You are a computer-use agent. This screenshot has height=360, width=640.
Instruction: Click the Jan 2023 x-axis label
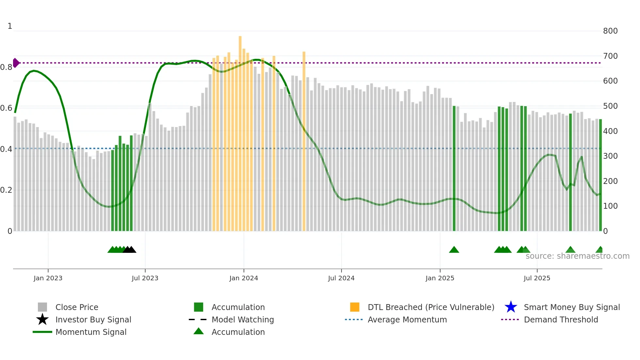coord(48,278)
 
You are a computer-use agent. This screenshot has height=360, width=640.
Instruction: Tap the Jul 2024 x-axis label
coord(341,278)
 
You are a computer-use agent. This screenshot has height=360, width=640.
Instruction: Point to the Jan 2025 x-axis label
coord(440,278)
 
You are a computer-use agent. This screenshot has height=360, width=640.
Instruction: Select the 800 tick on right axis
coord(610,31)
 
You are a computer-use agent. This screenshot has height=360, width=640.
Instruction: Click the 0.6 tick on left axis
coord(6,108)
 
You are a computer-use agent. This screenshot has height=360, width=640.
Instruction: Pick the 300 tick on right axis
coord(610,156)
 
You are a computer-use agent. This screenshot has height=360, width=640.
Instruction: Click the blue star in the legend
coord(511,307)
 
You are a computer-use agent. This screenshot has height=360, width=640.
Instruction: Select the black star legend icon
coord(42,319)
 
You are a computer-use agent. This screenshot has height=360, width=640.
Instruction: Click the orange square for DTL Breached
coord(355,307)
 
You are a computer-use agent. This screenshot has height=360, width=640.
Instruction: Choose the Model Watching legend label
coord(243,319)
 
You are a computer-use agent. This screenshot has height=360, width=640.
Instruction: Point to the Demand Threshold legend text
coord(561,319)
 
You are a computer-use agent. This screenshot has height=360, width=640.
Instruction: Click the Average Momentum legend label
coord(407,319)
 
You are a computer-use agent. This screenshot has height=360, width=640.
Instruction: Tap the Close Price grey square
coord(42,307)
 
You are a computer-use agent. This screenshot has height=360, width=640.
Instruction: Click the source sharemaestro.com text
coord(577,256)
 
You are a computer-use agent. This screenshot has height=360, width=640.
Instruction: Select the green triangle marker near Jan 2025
coord(454,250)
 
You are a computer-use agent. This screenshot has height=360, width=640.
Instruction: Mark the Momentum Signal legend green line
coord(42,332)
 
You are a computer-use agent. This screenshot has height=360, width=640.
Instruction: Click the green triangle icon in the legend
coord(199,331)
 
